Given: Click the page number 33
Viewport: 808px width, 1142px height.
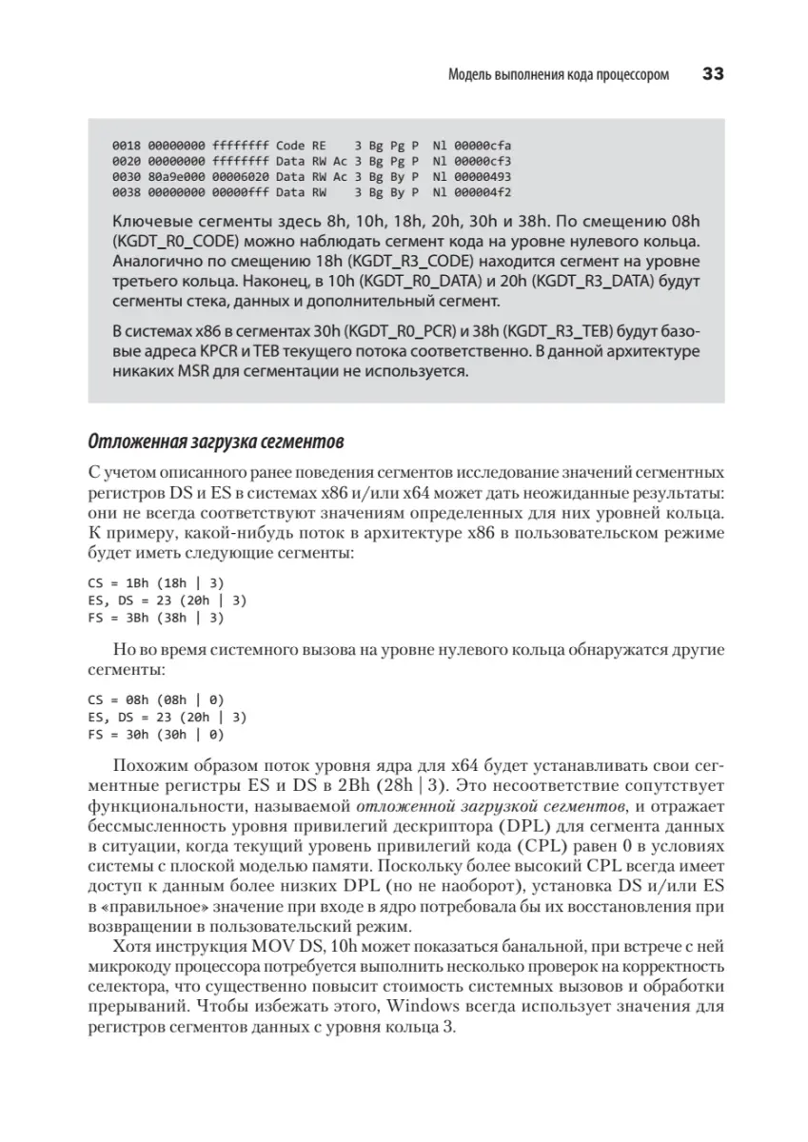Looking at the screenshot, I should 712,74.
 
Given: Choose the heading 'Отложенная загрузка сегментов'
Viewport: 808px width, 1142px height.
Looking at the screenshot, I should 216,443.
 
